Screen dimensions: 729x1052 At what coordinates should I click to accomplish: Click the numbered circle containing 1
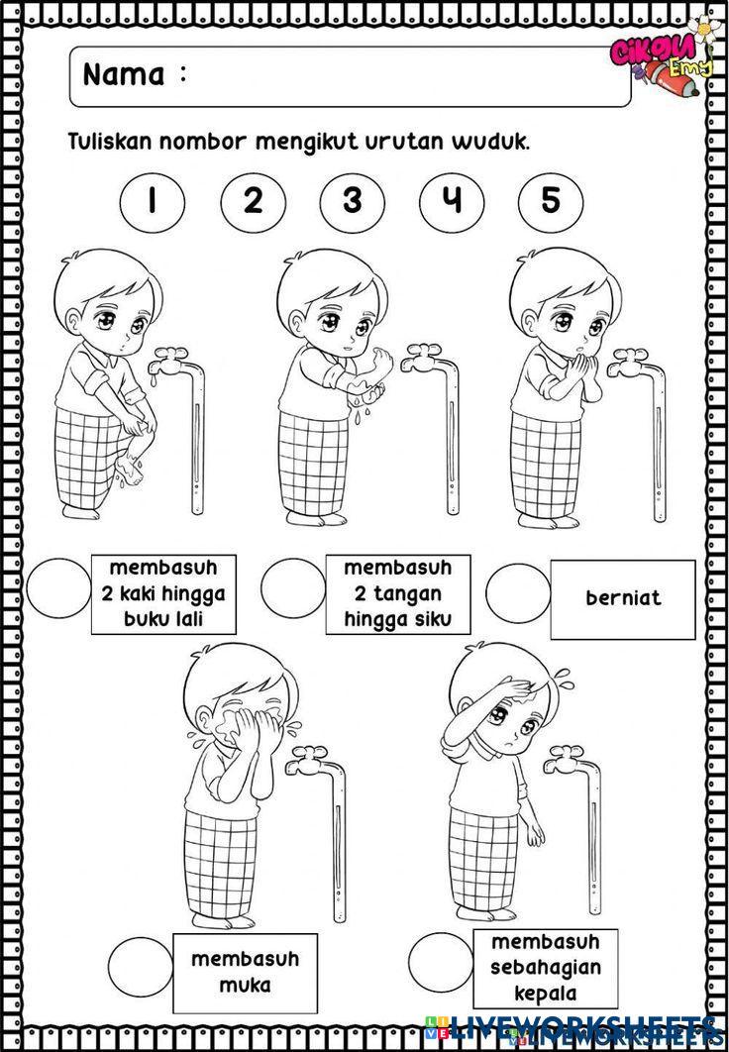(154, 201)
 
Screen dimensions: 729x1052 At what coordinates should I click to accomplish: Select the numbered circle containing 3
(352, 201)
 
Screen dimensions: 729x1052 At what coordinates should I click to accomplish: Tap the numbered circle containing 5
(551, 201)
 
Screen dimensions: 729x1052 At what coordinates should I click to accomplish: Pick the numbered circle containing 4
(452, 201)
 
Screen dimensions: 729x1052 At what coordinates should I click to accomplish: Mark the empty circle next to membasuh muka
(141, 966)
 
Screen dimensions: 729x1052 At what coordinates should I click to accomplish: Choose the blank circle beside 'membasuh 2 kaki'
(58, 588)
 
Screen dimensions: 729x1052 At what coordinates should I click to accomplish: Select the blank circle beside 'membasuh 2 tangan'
(293, 588)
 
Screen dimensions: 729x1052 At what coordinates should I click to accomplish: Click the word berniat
(624, 597)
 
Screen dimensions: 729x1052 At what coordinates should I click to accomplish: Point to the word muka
(245, 985)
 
